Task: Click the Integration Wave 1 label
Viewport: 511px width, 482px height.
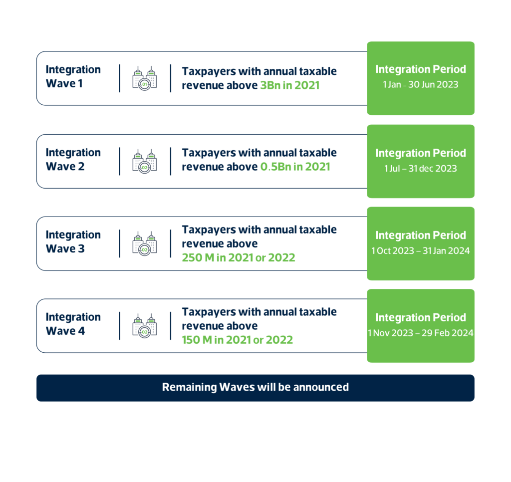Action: pos(73,76)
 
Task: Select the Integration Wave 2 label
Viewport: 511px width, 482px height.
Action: pos(73,160)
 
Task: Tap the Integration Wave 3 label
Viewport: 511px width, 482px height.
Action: pos(73,242)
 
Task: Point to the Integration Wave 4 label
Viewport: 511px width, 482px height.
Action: pos(73,324)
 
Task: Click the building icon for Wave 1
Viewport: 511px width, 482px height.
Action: pos(145,79)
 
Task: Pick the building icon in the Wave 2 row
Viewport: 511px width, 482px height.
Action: pos(145,162)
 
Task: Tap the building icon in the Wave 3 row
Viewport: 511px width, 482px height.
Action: pos(145,244)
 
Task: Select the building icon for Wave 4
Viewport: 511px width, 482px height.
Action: pos(145,326)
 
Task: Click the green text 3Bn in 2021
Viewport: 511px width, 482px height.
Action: pos(289,86)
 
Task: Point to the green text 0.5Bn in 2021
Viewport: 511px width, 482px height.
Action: pos(295,167)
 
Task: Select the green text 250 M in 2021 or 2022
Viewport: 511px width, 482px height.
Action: pos(239,258)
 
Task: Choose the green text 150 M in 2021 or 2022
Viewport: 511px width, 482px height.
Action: pos(237,340)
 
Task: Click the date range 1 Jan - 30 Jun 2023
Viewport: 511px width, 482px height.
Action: pos(420,85)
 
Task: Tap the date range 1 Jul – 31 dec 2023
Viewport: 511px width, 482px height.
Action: pos(420,169)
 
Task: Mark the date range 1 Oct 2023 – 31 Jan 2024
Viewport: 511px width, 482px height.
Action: pos(420,251)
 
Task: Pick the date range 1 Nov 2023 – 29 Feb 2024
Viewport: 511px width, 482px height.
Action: pos(420,333)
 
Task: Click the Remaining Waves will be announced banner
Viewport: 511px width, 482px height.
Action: pos(255,388)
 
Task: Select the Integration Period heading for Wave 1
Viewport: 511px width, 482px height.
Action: pos(420,69)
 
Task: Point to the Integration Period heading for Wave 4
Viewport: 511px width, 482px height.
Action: pos(420,317)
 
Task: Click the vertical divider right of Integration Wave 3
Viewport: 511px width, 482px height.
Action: pos(120,243)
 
